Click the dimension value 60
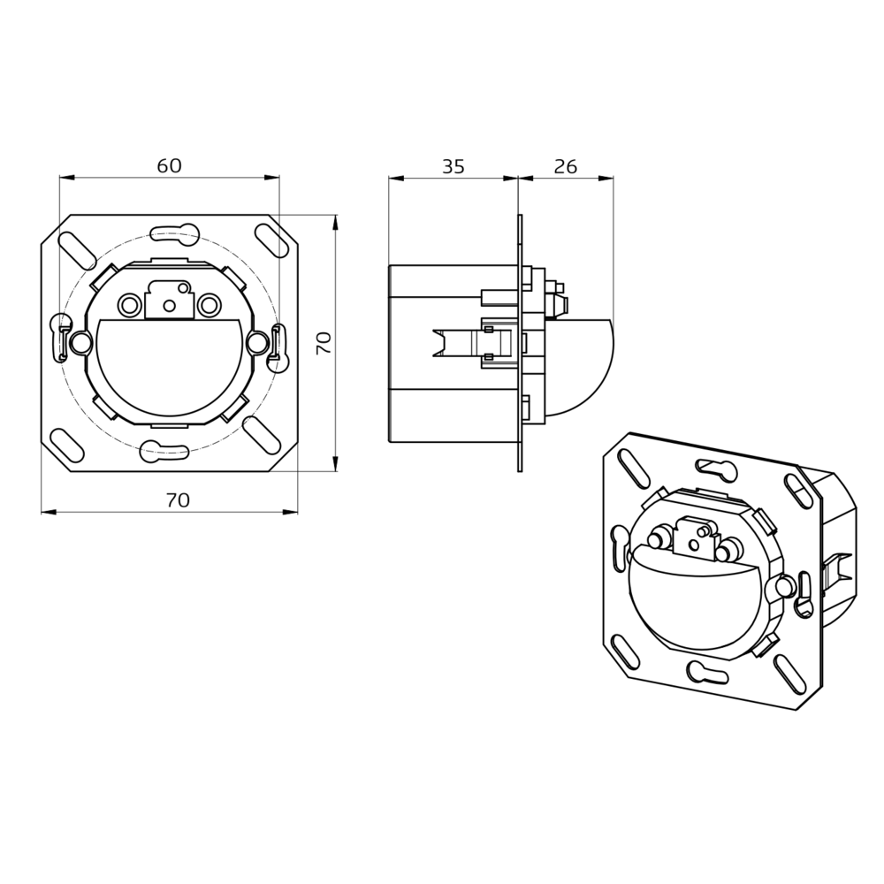tap(169, 166)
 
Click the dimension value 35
tap(453, 166)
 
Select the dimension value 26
tap(566, 166)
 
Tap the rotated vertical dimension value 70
tap(324, 343)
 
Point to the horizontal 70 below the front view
tap(179, 500)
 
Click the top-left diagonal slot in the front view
tap(77, 250)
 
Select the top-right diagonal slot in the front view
tap(271, 240)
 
